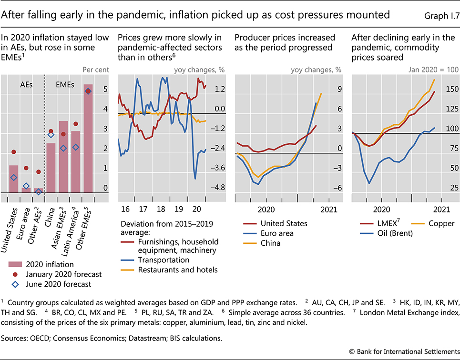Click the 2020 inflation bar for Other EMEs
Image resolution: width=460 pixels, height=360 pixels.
[88, 138]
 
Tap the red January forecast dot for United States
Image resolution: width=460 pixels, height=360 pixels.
[14, 152]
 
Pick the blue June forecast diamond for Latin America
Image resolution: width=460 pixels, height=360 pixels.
[75, 147]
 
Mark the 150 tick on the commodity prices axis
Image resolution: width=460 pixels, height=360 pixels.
[450, 89]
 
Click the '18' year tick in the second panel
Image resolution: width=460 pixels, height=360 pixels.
[161, 209]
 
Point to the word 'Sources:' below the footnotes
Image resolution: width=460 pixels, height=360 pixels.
[16, 340]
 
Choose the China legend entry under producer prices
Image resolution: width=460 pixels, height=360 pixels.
[271, 243]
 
